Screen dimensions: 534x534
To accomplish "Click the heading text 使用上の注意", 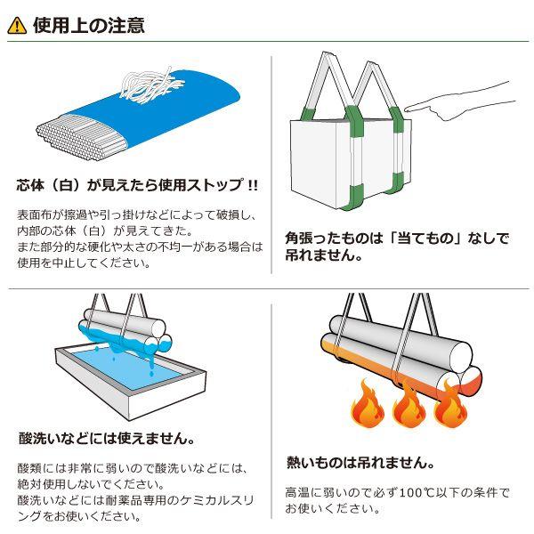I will [x=89, y=25].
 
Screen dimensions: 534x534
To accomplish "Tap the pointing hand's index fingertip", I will [x=408, y=109].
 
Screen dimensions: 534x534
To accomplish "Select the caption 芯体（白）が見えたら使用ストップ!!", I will [x=138, y=185].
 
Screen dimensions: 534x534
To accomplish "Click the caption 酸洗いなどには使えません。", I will [x=107, y=438].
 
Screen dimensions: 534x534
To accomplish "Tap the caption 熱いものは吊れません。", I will [x=360, y=463].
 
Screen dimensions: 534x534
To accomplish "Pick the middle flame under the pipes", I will [x=409, y=405].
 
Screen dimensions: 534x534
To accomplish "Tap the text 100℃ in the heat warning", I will [x=421, y=491].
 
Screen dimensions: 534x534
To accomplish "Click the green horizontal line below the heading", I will [x=267, y=41].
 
